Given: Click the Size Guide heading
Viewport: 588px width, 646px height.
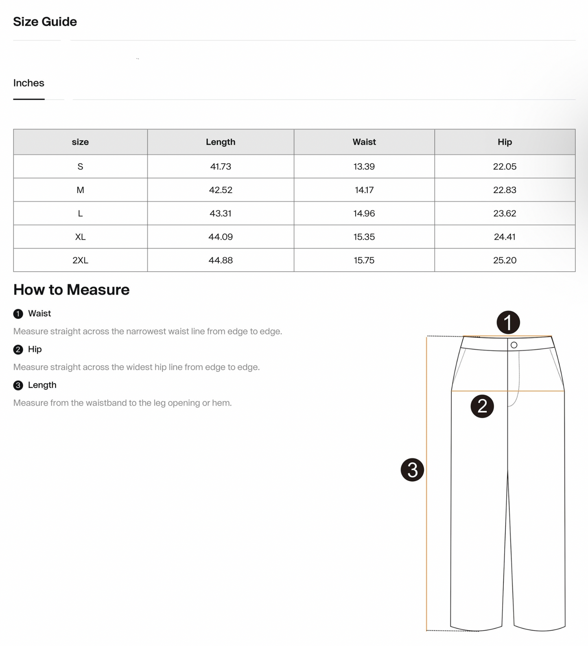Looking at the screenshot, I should (45, 22).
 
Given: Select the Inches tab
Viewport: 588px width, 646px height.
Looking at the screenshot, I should (28, 83).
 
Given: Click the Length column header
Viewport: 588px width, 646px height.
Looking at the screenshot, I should (221, 142).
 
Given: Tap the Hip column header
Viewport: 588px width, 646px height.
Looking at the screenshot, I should (505, 142).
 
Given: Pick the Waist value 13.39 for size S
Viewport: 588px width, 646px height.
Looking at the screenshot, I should (364, 166).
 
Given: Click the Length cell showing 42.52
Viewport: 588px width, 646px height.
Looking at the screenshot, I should (221, 190).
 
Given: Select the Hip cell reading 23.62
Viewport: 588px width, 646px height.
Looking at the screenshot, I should (505, 213).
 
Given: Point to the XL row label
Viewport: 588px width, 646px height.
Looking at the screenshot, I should (80, 237).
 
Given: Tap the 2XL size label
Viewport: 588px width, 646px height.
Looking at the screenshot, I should (80, 260).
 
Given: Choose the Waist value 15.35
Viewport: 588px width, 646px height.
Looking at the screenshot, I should (364, 237).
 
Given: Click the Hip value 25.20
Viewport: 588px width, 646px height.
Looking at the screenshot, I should (505, 260).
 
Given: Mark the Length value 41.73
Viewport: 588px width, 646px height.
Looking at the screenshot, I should (221, 166).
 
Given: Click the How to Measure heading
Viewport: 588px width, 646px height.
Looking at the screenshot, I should (71, 290).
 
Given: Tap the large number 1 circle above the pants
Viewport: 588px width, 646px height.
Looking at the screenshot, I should (508, 323).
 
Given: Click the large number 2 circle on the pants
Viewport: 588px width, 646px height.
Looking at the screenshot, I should (482, 406).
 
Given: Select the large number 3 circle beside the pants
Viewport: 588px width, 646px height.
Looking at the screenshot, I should (412, 470).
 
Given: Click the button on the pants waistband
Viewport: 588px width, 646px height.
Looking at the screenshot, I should (514, 345).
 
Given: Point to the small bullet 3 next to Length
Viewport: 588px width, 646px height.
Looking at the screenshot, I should (18, 385).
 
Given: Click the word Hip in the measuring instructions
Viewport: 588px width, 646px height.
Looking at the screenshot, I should (35, 349).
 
